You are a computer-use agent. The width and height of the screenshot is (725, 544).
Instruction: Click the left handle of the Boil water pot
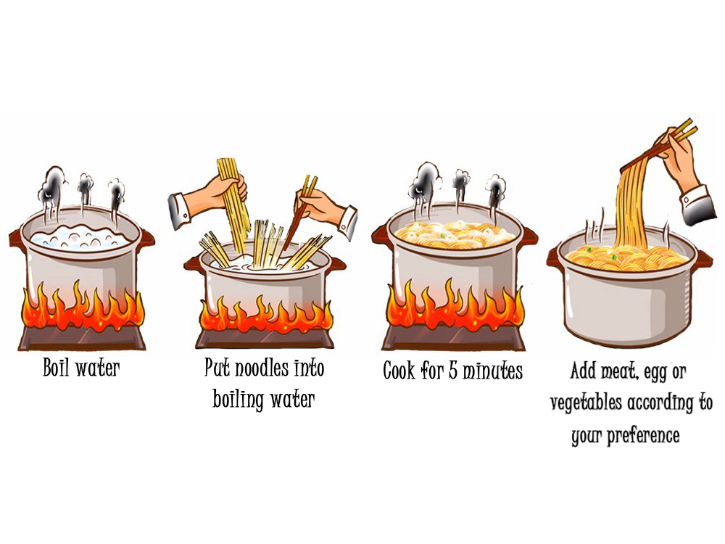[16, 239]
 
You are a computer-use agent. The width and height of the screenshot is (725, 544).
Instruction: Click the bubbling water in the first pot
[80, 236]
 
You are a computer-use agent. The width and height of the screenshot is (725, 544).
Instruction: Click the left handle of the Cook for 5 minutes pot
[379, 236]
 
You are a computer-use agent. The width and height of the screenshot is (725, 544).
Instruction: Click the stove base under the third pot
[453, 338]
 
